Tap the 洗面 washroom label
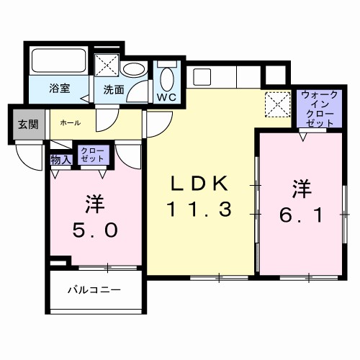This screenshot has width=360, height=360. pyautogui.click(x=114, y=90)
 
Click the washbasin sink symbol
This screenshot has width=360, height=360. pyautogui.click(x=132, y=70)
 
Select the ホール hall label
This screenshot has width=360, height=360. pyautogui.click(x=70, y=123)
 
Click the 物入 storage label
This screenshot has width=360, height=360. pyautogui.click(x=60, y=160)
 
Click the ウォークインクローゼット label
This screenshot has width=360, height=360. pyautogui.click(x=317, y=108)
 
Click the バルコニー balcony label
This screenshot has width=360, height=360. pyautogui.click(x=94, y=291)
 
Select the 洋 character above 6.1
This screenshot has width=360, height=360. pyautogui.click(x=301, y=189)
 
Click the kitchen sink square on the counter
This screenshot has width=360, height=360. pyautogui.click(x=201, y=75)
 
